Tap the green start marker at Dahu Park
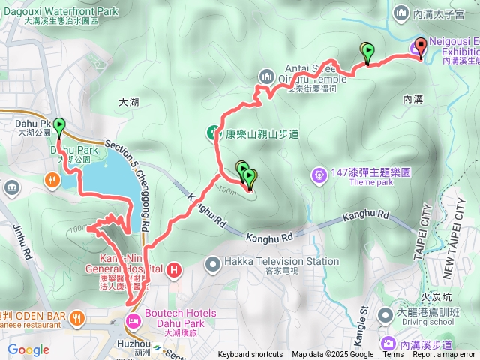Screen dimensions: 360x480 coord(58,125)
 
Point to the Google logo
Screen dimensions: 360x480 coord(28,349)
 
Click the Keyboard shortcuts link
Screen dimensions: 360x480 coord(250,355)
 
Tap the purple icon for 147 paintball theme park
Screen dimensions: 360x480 coord(319,175)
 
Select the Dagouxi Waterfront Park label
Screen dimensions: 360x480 coord(70,12)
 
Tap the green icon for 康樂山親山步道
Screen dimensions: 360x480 coord(214,134)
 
